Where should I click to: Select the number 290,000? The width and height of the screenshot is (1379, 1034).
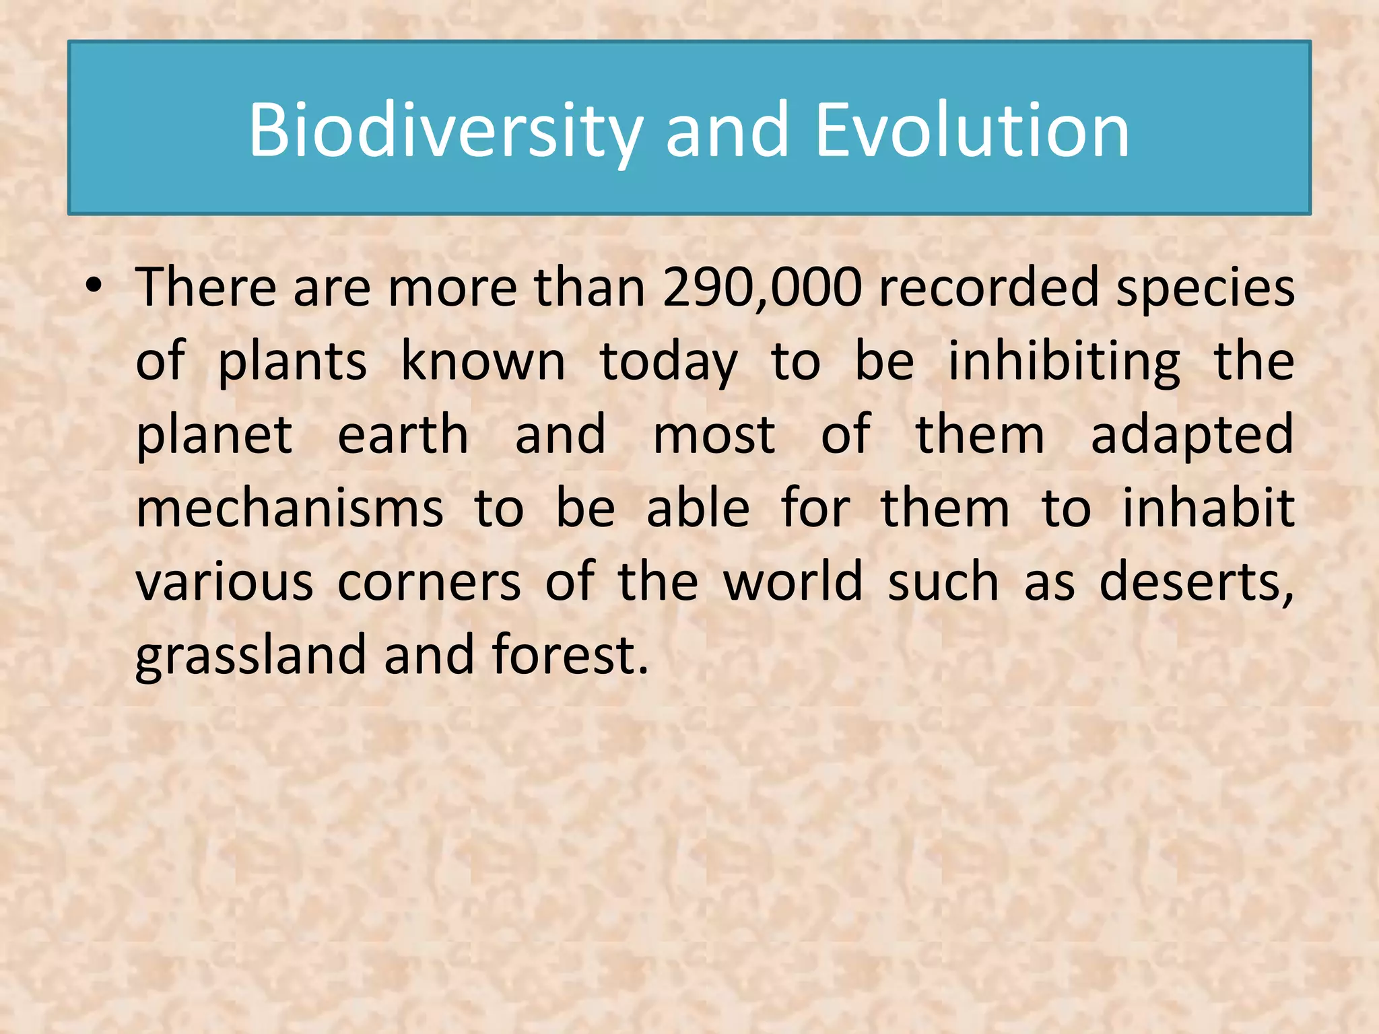762,288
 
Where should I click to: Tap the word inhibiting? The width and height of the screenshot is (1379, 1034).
1064,362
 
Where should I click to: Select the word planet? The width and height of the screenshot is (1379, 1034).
214,436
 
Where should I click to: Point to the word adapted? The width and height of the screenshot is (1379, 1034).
1192,436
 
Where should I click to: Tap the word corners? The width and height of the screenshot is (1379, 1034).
429,582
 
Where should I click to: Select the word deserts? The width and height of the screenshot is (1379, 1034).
1196,582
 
